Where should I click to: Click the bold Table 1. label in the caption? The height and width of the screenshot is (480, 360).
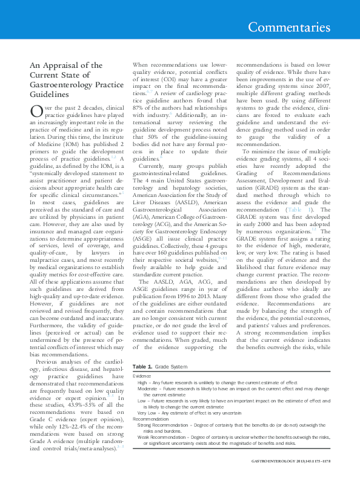142,367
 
